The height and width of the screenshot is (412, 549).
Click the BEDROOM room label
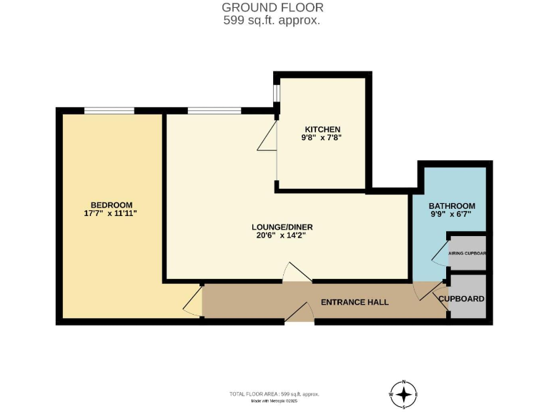(111, 205)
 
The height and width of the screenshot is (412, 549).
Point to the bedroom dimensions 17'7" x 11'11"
(110, 213)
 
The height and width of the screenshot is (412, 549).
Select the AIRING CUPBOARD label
(468, 253)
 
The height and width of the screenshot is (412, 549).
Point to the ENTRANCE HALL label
(355, 303)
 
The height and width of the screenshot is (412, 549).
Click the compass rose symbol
(405, 394)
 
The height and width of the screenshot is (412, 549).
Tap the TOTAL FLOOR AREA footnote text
(274, 394)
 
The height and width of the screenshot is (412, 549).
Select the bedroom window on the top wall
(109, 111)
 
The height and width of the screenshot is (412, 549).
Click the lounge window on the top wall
(214, 111)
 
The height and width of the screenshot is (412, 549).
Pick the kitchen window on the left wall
(277, 94)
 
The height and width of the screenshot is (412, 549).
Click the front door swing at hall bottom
(300, 313)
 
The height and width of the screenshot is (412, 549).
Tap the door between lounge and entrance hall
(297, 273)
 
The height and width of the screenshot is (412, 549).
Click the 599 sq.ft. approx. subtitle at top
(272, 21)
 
